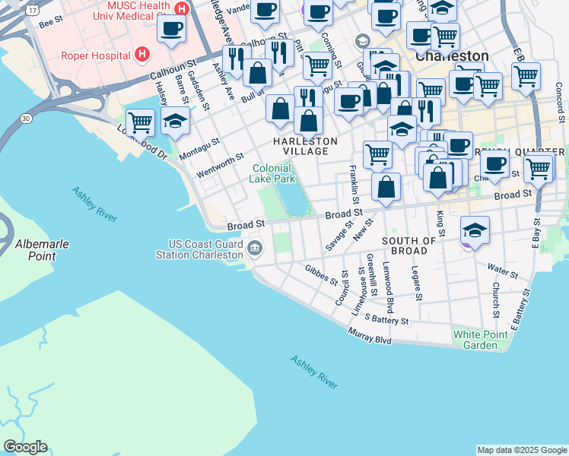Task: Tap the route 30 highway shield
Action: click(27, 119)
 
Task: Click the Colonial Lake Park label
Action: click(273, 173)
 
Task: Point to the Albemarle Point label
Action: click(35, 249)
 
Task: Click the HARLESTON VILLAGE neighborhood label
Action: click(305, 146)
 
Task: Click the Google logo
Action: click(25, 447)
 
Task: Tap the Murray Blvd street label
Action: click(370, 335)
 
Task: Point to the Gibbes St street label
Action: click(321, 274)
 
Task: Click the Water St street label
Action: click(503, 270)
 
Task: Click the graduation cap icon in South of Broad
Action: click(475, 230)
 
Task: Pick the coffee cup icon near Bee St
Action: click(172, 29)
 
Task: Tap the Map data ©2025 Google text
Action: click(522, 450)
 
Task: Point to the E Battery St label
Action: click(522, 303)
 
